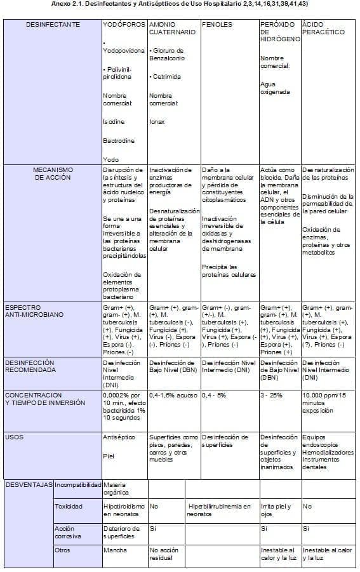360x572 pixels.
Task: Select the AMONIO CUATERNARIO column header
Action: [x=172, y=28]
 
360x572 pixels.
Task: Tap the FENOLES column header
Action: [x=217, y=25]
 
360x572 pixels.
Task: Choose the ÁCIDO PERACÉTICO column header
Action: [x=324, y=28]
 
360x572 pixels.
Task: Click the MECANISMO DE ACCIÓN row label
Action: [x=53, y=174]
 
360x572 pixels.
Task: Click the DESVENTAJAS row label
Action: [x=28, y=485]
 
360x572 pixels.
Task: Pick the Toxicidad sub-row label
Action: [x=69, y=507]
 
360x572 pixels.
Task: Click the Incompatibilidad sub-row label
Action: [x=77, y=485]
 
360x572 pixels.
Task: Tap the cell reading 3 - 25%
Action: [x=272, y=395]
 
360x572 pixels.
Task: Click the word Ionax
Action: [x=157, y=121]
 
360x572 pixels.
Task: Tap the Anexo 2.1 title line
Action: [x=180, y=4]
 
